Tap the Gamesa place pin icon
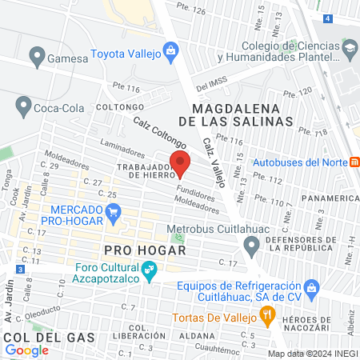pyautogui.click(x=35, y=57)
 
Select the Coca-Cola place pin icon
pyautogui.click(x=22, y=105)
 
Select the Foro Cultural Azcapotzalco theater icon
pyautogui.click(x=148, y=273)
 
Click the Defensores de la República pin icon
pyautogui.click(x=253, y=248)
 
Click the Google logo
pyautogui.click(x=26, y=350)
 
